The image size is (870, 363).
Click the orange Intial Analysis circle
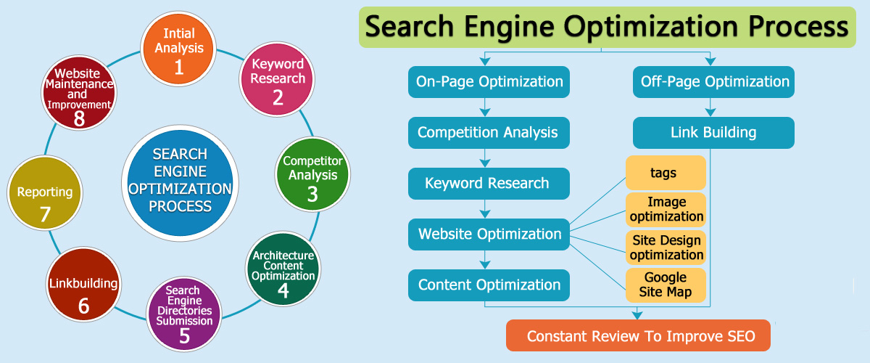pos(178,49)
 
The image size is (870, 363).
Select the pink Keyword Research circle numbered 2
pos(277,79)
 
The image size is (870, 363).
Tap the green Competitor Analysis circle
pos(312,174)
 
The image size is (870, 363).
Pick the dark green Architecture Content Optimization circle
pos(283,269)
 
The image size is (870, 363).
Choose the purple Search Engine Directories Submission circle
pos(184,314)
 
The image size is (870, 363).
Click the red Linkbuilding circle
pos(83,285)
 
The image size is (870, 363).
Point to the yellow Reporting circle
pos(45,193)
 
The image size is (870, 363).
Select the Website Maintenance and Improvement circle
pos(79,93)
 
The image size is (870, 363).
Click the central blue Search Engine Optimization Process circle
pos(181,183)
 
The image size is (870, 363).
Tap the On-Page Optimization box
pos(489,82)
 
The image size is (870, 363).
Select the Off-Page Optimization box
pos(714,82)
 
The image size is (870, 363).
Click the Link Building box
pos(714,133)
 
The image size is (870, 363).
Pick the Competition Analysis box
pos(489,133)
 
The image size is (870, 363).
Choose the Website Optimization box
pos(489,234)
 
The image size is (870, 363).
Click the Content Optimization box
pos(489,285)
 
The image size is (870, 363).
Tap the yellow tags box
pos(666,173)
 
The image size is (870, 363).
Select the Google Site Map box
pos(666,285)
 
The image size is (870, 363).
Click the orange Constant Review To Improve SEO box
pos(638,335)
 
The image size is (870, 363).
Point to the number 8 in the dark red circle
pos(79,118)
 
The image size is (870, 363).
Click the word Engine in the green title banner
pos(509,28)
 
